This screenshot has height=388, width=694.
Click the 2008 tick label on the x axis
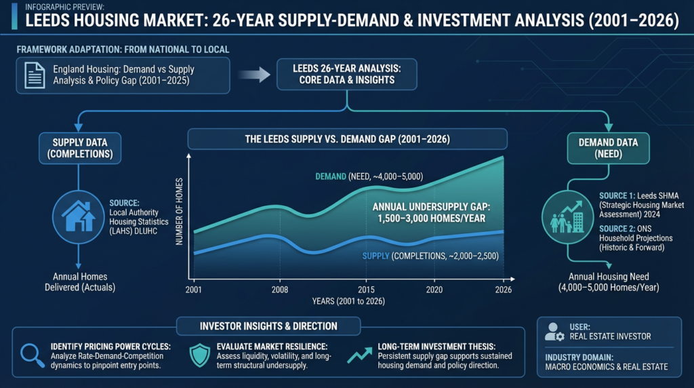tap(280, 290)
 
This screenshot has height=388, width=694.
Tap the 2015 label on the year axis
tap(366, 290)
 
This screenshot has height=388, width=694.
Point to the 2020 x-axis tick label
tap(434, 290)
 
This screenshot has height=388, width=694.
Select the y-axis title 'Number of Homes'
tap(179, 211)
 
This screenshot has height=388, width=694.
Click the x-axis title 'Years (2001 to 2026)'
tap(348, 301)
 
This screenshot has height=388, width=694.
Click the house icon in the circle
tap(79, 216)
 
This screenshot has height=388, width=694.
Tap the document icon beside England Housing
tap(35, 75)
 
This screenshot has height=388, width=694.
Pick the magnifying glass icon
tap(33, 355)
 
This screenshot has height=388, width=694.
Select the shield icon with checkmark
tap(200, 355)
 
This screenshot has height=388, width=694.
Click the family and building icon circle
tap(567, 216)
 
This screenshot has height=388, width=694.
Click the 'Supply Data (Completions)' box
tap(80, 149)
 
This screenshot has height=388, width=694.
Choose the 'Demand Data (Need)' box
tap(609, 149)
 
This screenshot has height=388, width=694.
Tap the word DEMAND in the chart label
tap(331, 176)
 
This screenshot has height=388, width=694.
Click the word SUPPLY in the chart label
tap(375, 256)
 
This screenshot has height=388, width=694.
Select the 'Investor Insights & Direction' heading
tap(268, 326)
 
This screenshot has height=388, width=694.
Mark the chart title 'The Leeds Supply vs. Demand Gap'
tap(348, 139)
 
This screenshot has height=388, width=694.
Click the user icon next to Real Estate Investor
tap(554, 332)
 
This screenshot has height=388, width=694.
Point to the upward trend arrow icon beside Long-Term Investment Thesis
tap(359, 355)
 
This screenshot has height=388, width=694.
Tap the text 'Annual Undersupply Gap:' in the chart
tap(432, 207)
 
